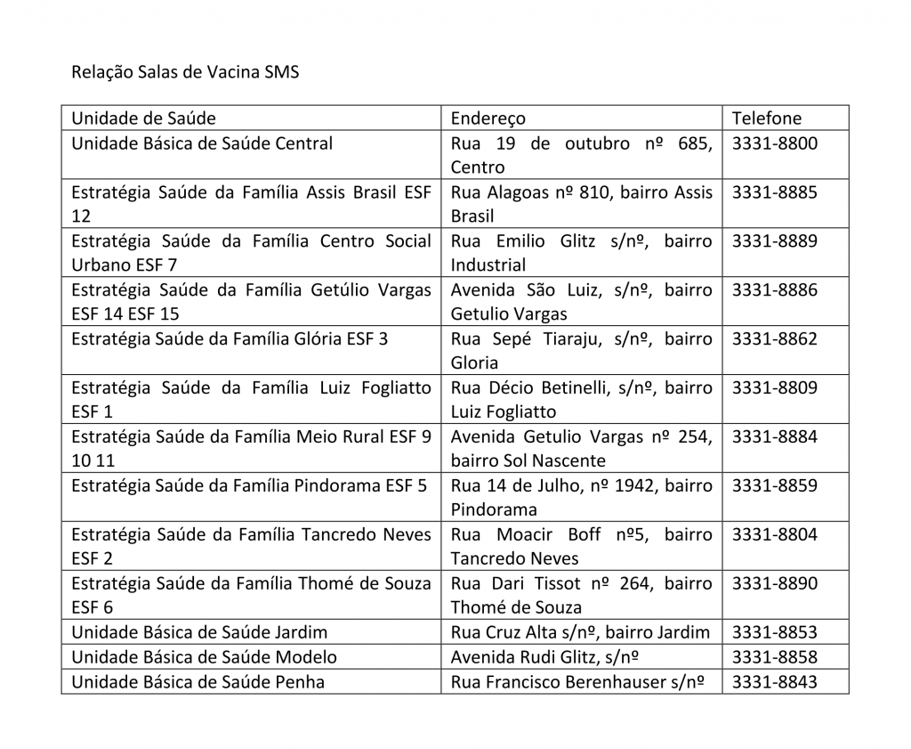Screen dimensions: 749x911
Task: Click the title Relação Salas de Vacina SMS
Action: click(185, 72)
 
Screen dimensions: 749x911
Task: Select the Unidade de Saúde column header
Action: click(143, 118)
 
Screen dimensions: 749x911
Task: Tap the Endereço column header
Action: click(488, 118)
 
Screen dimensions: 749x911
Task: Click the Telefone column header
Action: click(766, 118)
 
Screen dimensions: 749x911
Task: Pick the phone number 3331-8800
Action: click(774, 143)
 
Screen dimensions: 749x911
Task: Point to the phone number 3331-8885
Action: click(774, 192)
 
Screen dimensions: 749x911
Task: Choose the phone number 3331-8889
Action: click(774, 241)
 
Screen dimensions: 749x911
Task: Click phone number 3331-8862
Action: click(774, 339)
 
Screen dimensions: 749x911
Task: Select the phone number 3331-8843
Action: click(774, 682)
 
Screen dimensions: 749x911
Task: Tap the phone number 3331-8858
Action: click(774, 657)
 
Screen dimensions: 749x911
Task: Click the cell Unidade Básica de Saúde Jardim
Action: click(199, 632)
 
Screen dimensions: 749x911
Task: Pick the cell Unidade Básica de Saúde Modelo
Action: click(204, 657)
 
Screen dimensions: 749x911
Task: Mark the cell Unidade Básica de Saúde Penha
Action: click(198, 682)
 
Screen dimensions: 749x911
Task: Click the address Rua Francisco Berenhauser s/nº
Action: click(577, 682)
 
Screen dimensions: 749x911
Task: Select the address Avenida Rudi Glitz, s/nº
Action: click(545, 657)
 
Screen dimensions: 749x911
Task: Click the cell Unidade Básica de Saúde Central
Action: click(202, 143)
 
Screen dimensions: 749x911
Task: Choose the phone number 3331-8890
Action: click(774, 584)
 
